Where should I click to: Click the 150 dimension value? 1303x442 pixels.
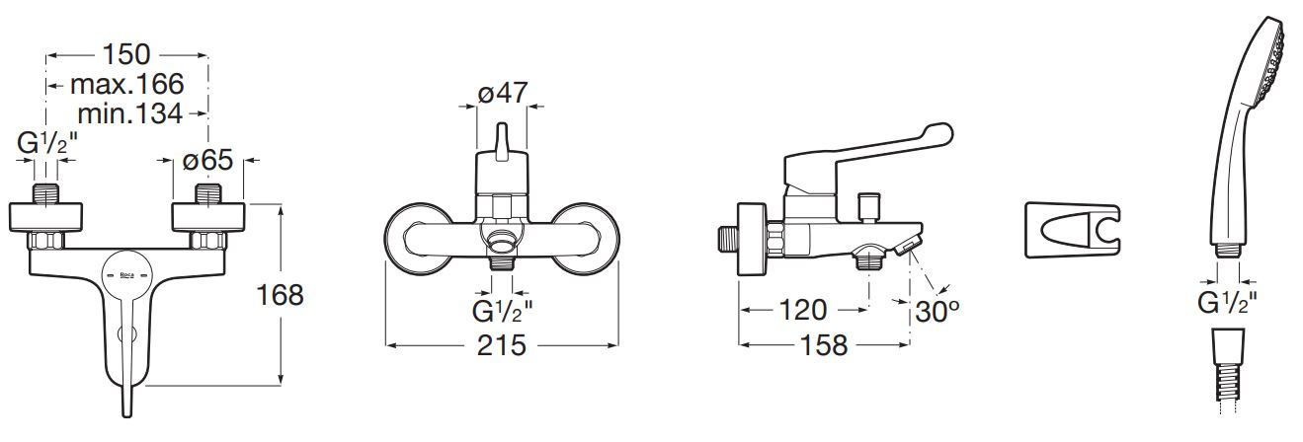tap(126, 55)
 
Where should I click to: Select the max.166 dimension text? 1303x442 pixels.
tap(126, 84)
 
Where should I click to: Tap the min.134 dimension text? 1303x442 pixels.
tap(130, 113)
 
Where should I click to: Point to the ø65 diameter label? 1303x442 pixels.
tap(207, 160)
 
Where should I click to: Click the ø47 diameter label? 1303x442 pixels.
tap(503, 93)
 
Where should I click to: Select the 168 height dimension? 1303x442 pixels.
tap(280, 295)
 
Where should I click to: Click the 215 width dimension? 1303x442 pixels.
tap(502, 345)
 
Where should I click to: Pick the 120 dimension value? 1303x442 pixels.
tap(803, 310)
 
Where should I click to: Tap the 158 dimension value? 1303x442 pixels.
tap(824, 345)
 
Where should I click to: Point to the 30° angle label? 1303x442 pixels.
tap(937, 312)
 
